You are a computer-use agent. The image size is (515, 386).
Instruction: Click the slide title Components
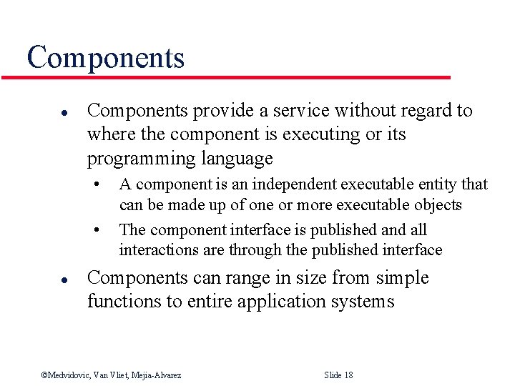[105, 57]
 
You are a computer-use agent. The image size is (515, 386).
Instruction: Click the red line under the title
[236, 77]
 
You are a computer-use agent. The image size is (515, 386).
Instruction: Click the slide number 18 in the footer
[348, 375]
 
